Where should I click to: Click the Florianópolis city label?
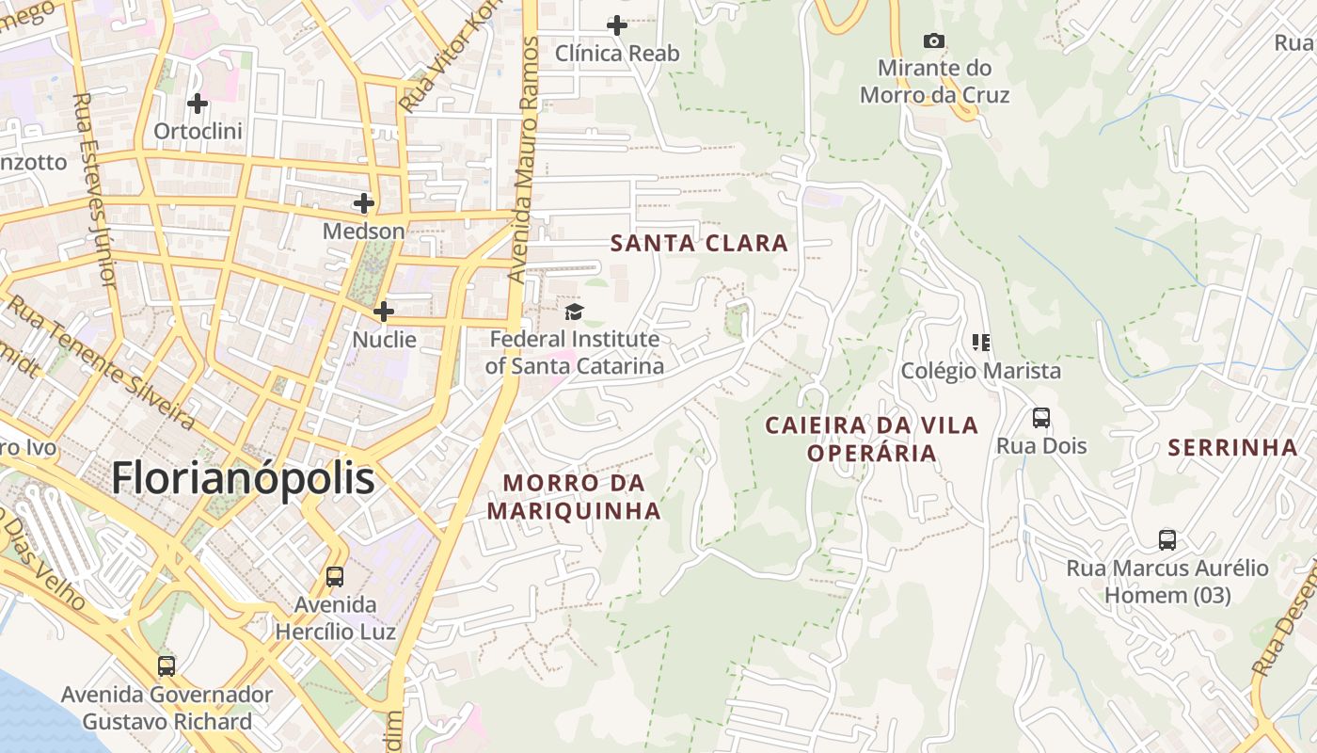coord(243,478)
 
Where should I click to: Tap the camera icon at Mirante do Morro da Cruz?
coord(933,40)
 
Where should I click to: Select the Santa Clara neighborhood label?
coord(699,244)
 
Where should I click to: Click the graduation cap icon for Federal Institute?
coord(574,312)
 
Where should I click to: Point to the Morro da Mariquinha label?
coord(574,497)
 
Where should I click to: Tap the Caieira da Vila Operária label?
coord(872,439)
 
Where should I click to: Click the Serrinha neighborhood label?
coord(1232,448)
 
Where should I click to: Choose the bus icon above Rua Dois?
coord(1041,417)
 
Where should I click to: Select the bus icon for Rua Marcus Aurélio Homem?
coord(1167,540)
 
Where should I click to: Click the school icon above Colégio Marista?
coord(981,342)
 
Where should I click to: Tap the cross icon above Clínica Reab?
coord(617,25)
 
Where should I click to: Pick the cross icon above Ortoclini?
coord(198,103)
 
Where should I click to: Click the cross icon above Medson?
coord(364,202)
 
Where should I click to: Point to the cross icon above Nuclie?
coord(384,311)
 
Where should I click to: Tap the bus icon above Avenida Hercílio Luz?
coord(335,576)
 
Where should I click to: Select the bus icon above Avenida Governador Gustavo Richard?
coord(167,666)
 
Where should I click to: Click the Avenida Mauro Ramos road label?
coord(524,160)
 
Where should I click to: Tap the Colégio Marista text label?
coord(981,371)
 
